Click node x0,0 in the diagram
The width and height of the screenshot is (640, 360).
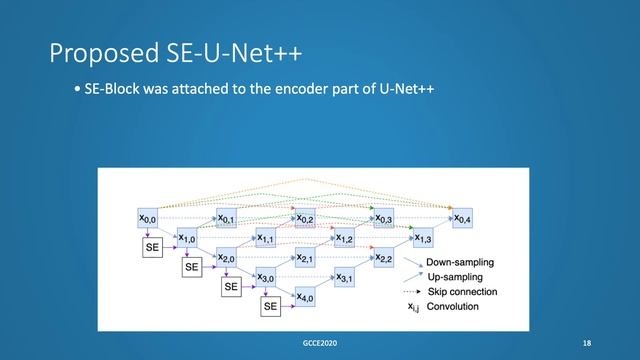[147, 217]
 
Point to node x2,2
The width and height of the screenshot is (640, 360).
[384, 258]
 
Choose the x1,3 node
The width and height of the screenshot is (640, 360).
[423, 238]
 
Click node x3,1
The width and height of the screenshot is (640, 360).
[344, 277]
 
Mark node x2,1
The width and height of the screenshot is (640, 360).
[305, 258]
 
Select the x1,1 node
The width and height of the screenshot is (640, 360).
[266, 238]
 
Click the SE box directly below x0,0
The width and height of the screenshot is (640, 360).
[152, 246]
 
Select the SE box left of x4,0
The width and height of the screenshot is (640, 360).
[270, 307]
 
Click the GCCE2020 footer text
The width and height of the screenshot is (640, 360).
[320, 343]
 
